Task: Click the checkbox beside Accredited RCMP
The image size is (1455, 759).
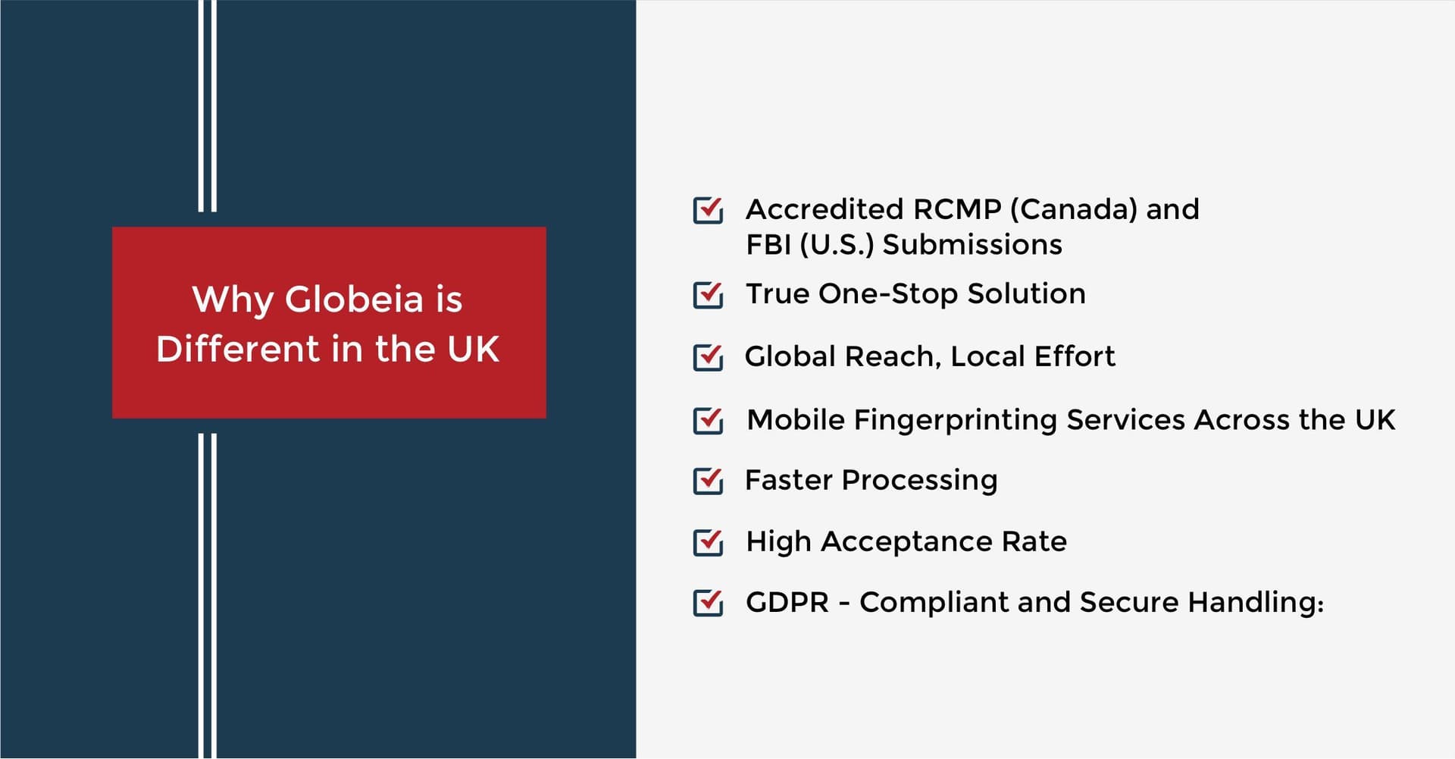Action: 708,210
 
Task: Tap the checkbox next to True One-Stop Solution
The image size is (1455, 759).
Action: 708,294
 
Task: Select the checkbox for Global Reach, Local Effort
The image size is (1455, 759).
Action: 708,357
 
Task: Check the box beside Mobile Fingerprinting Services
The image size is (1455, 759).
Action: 708,420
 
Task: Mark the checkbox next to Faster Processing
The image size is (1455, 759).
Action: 708,481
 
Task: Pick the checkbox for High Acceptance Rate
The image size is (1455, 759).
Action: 708,542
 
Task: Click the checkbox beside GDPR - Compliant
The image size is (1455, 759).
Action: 708,603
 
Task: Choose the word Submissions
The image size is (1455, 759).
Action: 972,245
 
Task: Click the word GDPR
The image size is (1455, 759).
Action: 788,603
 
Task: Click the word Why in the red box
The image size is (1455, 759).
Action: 233,300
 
